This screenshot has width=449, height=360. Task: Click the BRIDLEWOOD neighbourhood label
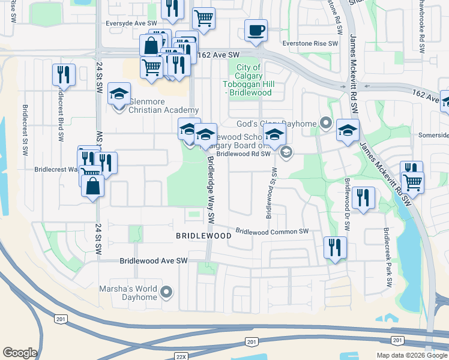[x=203, y=236]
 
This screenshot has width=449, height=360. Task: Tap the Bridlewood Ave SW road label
[x=154, y=261]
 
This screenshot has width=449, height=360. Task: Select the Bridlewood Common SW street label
[x=272, y=232]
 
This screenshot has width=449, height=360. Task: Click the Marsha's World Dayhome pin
[x=167, y=293]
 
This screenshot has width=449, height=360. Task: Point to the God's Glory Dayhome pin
[x=326, y=124]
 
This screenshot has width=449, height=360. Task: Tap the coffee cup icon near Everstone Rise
[x=256, y=30]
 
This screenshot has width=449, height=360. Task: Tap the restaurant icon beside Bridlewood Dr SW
[x=363, y=197]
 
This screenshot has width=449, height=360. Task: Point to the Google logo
[x=20, y=353]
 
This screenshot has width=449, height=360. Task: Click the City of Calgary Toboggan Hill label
[x=248, y=80]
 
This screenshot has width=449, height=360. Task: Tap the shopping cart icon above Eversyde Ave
[x=204, y=19]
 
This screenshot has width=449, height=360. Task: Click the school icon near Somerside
[x=348, y=130]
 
